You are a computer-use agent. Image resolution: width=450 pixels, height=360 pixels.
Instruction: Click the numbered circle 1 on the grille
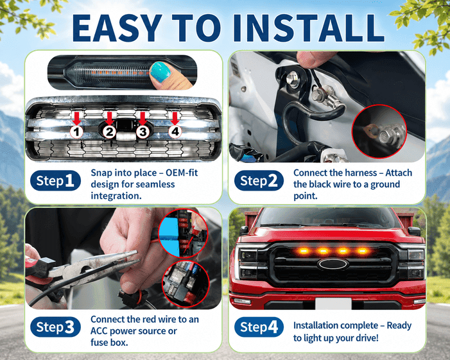tap(76, 132)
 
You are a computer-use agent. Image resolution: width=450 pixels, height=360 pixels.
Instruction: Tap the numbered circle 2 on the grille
tap(109, 132)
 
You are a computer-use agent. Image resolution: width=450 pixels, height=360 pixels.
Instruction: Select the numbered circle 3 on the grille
tap(143, 132)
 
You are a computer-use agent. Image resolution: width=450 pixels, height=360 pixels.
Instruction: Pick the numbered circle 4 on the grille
tap(175, 132)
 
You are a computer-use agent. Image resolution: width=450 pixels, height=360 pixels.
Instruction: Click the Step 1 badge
tap(55, 180)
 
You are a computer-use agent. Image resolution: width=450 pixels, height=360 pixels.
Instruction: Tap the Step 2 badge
tap(259, 181)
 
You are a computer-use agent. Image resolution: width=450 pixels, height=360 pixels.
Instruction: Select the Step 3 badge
tap(55, 327)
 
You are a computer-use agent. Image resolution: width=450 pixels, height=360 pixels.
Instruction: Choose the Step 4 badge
tap(259, 327)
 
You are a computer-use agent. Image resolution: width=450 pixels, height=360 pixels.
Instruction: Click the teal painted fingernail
tap(160, 71)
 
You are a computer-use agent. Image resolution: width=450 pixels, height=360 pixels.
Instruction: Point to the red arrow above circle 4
tap(175, 118)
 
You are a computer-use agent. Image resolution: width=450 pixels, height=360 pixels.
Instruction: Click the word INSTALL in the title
tap(309, 28)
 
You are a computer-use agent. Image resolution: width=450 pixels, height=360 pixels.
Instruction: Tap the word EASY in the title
tap(117, 28)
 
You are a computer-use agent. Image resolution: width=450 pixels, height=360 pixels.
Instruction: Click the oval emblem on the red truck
tap(333, 264)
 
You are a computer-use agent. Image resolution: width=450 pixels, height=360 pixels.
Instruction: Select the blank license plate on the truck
tap(333, 304)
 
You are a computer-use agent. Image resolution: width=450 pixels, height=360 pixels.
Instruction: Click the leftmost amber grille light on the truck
tap(303, 252)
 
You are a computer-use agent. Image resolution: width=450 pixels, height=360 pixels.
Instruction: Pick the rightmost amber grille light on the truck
tap(363, 252)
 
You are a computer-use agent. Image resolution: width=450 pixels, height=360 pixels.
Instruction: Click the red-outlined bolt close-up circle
tap(379, 132)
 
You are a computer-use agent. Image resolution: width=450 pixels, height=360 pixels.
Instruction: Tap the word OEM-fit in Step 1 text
tap(182, 173)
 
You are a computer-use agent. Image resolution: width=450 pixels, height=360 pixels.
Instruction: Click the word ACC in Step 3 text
tap(100, 331)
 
